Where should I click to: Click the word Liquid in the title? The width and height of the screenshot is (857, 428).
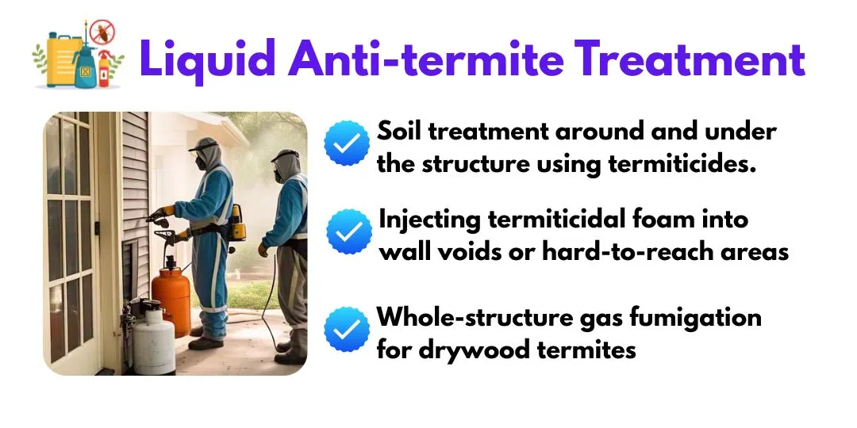(x=208, y=59)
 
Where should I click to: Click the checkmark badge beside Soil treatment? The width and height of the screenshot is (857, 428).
(x=347, y=143)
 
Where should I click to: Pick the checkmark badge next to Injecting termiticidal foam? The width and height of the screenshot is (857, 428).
(x=349, y=231)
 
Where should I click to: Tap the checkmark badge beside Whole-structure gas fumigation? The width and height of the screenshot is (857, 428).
(x=347, y=329)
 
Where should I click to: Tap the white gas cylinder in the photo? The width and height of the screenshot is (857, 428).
(x=154, y=339)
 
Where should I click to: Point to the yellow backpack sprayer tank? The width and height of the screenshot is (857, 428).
(x=237, y=222)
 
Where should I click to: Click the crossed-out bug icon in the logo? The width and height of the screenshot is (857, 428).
(x=102, y=32)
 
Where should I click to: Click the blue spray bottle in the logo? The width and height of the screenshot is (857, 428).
(x=85, y=66)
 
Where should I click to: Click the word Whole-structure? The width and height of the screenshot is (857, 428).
(x=482, y=317)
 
